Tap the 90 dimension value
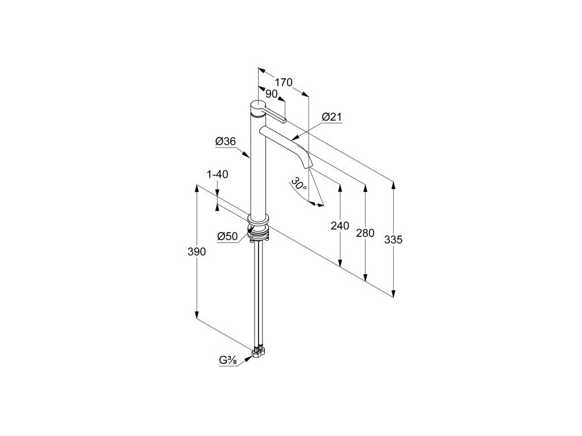(x=271, y=95)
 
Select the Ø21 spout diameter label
(x=331, y=117)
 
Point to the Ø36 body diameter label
(x=226, y=142)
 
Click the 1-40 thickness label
(x=218, y=175)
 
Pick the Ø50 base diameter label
(x=227, y=237)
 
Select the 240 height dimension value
(x=339, y=226)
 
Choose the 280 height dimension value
(x=364, y=233)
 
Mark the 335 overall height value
(x=393, y=240)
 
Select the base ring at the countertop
(x=259, y=219)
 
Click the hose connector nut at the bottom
(x=259, y=354)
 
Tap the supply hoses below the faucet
(x=259, y=295)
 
